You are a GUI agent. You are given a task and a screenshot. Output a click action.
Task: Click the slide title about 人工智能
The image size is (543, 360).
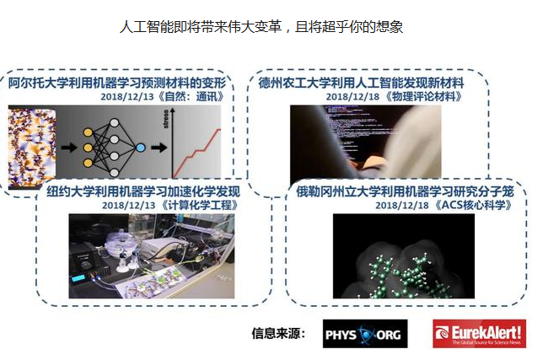point(261,27)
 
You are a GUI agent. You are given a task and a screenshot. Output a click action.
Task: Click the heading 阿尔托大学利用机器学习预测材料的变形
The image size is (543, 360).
point(117,83)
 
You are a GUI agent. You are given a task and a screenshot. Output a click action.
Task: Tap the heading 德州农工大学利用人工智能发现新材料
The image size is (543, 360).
point(361,83)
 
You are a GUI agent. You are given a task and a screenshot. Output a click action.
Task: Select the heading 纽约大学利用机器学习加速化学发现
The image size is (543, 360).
point(143,191)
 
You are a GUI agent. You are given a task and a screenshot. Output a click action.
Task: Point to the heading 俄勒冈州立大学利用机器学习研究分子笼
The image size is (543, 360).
point(405,191)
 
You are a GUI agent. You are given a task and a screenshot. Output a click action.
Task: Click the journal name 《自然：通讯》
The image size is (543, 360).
point(191,97)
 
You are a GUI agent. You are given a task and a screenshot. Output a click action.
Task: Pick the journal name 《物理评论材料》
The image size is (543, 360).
point(422,97)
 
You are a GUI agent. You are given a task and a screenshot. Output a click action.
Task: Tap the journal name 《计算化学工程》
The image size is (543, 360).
point(200,205)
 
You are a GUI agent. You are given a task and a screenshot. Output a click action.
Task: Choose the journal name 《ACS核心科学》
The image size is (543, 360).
point(473,205)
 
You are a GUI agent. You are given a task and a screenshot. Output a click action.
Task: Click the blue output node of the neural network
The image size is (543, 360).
point(140,148)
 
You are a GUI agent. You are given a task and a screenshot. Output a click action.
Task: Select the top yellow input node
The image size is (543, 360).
point(88,132)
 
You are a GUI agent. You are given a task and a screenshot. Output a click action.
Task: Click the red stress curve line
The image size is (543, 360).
point(196,153)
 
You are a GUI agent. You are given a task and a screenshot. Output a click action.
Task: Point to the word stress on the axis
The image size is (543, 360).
point(166,119)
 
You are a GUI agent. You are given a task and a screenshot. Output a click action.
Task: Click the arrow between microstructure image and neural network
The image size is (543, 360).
point(69,148)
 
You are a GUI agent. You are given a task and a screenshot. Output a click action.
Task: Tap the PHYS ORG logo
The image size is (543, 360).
point(365,334)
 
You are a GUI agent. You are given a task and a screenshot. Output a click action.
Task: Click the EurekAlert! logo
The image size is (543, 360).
point(479,334)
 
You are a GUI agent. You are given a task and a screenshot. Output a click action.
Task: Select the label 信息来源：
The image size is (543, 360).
point(278,334)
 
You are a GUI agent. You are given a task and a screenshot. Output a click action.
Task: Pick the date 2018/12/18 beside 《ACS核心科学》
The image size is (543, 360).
point(402,206)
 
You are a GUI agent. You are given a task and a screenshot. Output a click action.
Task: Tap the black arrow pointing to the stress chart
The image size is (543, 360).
point(159,148)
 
